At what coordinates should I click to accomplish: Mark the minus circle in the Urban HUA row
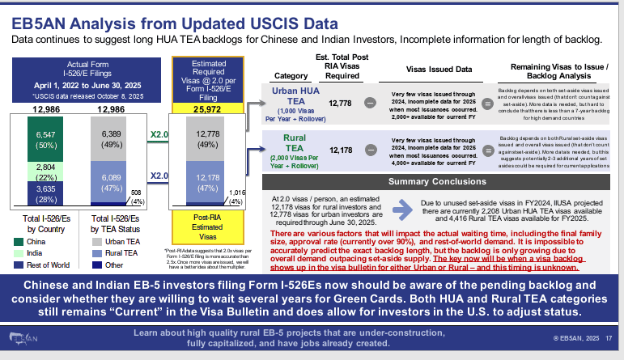pos(370,104)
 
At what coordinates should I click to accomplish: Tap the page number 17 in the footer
pos(608,337)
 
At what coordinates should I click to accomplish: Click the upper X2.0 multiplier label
pos(159,134)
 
